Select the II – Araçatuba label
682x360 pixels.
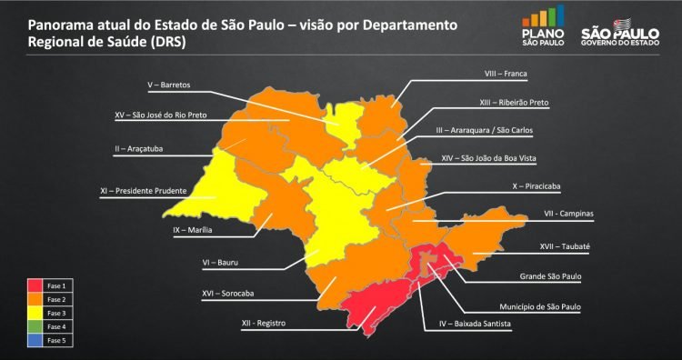139,147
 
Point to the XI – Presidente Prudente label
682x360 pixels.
144,191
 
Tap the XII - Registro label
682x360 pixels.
264,323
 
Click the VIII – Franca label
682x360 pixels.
506,72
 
